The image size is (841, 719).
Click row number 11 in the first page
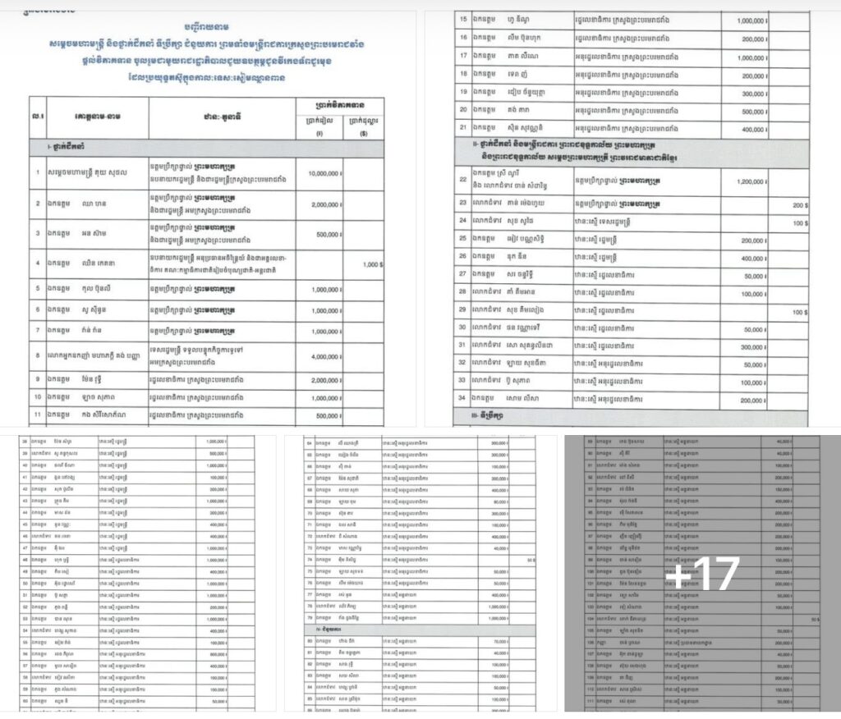(x=38, y=415)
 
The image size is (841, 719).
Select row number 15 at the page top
(x=463, y=19)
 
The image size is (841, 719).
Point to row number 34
(x=463, y=400)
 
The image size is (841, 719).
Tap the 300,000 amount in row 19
(x=745, y=94)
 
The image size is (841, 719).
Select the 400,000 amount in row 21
(x=745, y=130)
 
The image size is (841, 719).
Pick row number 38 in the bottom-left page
(x=25, y=442)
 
